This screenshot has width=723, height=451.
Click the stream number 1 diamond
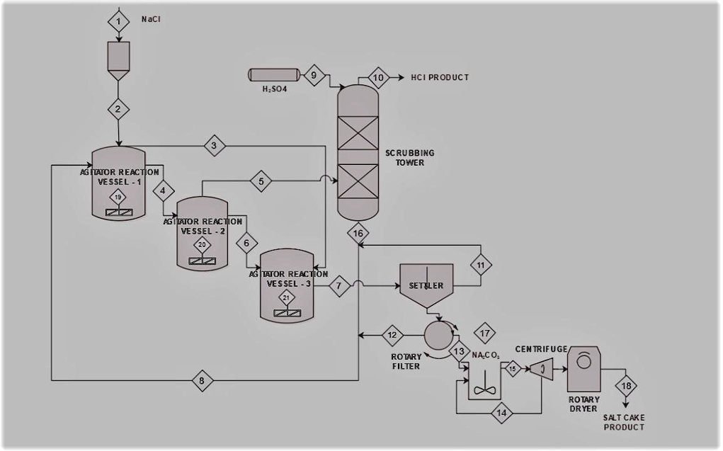[118, 21]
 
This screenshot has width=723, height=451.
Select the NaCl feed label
[151, 20]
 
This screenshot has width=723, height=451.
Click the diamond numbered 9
[314, 73]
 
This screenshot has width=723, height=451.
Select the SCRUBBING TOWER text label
[409, 157]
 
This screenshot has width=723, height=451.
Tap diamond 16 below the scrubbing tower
[358, 232]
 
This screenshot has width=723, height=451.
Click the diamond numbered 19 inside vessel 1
[118, 197]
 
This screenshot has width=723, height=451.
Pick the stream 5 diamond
[261, 181]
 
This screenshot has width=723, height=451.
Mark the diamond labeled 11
[480, 265]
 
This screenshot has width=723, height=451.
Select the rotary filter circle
[438, 333]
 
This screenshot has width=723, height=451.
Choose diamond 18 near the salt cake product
[627, 386]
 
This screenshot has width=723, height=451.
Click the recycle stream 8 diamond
[203, 380]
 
